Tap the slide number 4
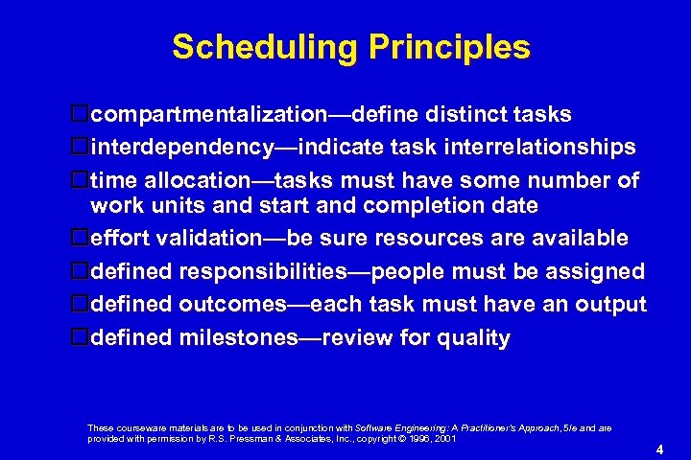pos(660,449)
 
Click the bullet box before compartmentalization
pos(81,115)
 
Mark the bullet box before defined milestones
pos(81,337)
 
